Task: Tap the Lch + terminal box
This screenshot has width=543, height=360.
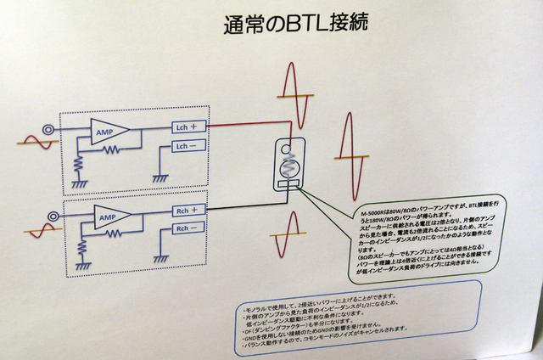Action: click(x=189, y=127)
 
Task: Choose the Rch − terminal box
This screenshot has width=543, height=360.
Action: click(x=189, y=228)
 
